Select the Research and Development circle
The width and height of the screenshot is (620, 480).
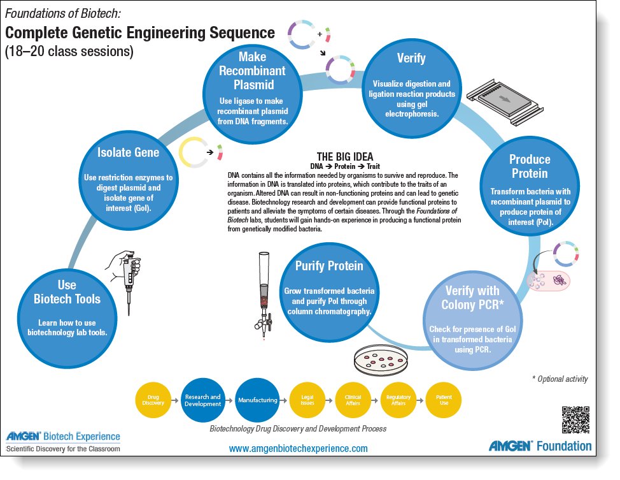pos(203,400)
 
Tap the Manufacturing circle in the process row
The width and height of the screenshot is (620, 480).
pos(257,400)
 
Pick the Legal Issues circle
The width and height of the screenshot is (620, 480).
pos(307,400)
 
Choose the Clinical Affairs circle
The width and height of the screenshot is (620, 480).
pos(353,400)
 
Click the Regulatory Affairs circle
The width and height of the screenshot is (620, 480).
pos(398,400)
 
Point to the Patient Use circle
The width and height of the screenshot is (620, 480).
pos(444,400)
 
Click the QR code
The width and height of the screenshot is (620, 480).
pos(575,420)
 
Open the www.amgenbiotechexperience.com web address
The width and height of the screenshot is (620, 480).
pos(299,449)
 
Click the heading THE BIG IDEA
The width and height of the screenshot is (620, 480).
pos(345,156)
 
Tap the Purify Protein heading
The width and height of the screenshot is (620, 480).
pos(328,266)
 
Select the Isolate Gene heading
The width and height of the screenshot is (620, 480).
pos(128,152)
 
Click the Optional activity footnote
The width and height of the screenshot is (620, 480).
pos(560,379)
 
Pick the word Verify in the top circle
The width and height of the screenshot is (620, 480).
pos(411,59)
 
